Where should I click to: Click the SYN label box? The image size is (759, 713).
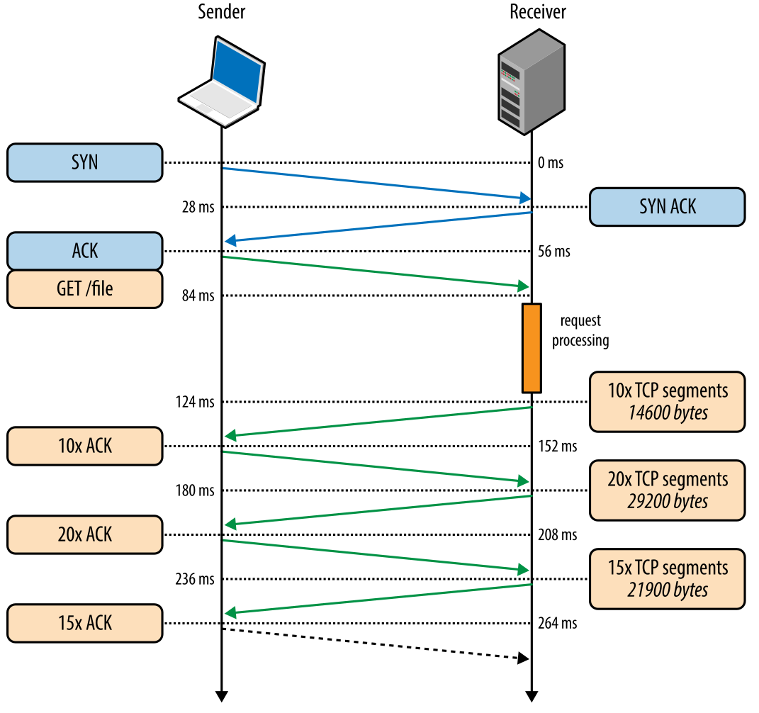point(84,162)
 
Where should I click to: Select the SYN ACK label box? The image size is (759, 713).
point(667,206)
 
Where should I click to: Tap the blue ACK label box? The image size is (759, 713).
point(84,251)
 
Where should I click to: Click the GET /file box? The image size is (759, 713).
point(84,288)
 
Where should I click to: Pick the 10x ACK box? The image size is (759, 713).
point(84,446)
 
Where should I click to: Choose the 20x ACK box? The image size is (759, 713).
point(84,534)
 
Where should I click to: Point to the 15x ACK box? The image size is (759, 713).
point(84,623)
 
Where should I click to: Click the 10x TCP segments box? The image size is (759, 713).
point(667,401)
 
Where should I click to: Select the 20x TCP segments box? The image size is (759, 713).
point(667,490)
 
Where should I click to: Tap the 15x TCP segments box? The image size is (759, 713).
point(667,578)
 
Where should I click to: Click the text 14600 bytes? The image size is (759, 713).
point(668,413)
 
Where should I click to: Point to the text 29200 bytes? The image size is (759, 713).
point(668,502)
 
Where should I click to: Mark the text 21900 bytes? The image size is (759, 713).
point(668,590)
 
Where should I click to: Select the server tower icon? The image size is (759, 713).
point(531,82)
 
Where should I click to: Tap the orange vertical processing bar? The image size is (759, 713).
point(532,348)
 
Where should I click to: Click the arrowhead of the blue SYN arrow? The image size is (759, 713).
point(525,197)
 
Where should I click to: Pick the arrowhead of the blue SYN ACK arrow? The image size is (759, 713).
point(230,241)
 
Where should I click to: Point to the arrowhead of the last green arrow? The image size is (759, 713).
point(230,613)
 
